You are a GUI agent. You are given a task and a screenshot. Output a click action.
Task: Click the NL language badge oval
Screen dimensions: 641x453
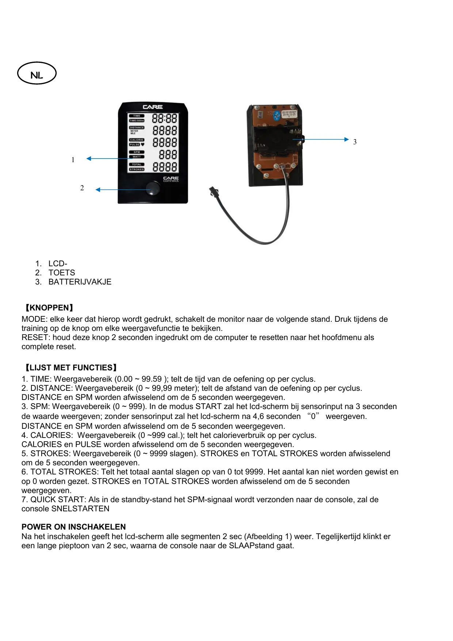[37, 73]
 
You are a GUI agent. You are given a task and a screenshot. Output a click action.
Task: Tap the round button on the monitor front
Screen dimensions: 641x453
[153, 189]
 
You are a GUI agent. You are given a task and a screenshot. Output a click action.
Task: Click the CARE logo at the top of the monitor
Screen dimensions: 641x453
[153, 107]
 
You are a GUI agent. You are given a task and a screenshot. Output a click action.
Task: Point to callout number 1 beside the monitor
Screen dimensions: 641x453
[73, 160]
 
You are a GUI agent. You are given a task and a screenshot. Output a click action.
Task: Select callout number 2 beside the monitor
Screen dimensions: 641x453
[82, 188]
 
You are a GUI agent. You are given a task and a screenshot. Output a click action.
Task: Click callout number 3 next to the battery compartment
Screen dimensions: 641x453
[355, 142]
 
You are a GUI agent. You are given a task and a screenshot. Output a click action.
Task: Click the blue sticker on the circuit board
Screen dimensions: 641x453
[277, 115]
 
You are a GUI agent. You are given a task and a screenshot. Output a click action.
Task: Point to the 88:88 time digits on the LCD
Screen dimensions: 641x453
[164, 118]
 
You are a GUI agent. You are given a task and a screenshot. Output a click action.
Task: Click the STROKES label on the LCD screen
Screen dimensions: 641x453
[137, 169]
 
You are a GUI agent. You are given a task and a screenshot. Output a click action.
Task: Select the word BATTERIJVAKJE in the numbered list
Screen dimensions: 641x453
[80, 282]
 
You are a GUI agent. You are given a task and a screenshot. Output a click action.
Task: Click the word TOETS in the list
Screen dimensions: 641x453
[62, 273]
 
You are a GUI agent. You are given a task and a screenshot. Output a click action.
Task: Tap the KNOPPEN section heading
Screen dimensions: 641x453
[48, 308]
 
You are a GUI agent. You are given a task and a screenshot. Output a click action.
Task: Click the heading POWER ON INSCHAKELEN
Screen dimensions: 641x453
[73, 527]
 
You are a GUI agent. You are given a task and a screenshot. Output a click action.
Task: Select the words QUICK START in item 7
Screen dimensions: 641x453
[58, 500]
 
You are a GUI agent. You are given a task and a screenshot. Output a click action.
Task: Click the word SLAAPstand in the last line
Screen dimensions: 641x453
[249, 546]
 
